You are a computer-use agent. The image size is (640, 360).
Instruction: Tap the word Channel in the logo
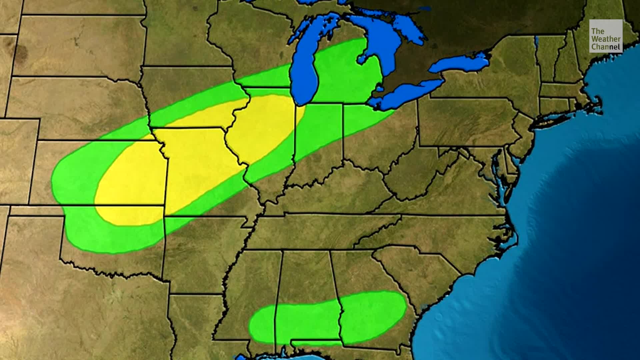(x=606, y=47)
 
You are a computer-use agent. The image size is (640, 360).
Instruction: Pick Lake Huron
(x=383, y=37)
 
